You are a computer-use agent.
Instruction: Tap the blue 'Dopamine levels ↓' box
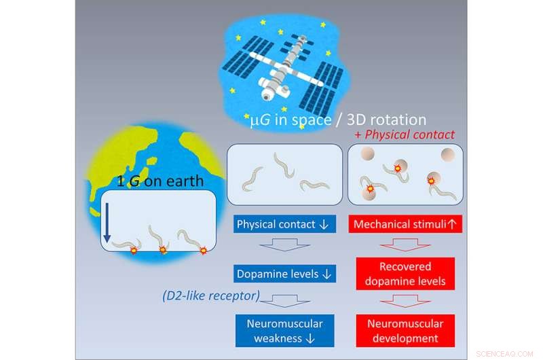(x=276, y=274)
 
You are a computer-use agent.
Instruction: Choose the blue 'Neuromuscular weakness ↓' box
(x=276, y=330)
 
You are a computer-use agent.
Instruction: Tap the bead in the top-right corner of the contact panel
(x=447, y=156)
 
